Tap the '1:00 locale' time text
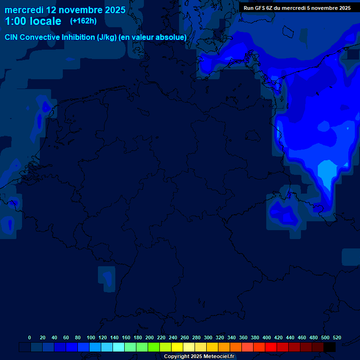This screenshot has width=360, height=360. (33, 21)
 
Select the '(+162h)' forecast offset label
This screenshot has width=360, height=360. (83, 21)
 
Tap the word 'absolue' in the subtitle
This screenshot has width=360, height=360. (172, 37)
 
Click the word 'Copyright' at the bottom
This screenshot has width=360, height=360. (177, 357)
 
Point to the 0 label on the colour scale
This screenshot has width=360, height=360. (30, 337)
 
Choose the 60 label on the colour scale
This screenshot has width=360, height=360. (66, 337)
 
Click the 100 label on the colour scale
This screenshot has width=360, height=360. (90, 337)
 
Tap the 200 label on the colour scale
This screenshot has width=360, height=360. (150, 337)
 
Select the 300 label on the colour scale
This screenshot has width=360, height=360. (208, 337)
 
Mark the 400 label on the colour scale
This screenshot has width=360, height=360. (267, 337)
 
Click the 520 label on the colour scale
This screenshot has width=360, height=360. (337, 337)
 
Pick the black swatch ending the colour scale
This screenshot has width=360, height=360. (330, 347)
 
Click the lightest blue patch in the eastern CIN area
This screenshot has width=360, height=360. (326, 172)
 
